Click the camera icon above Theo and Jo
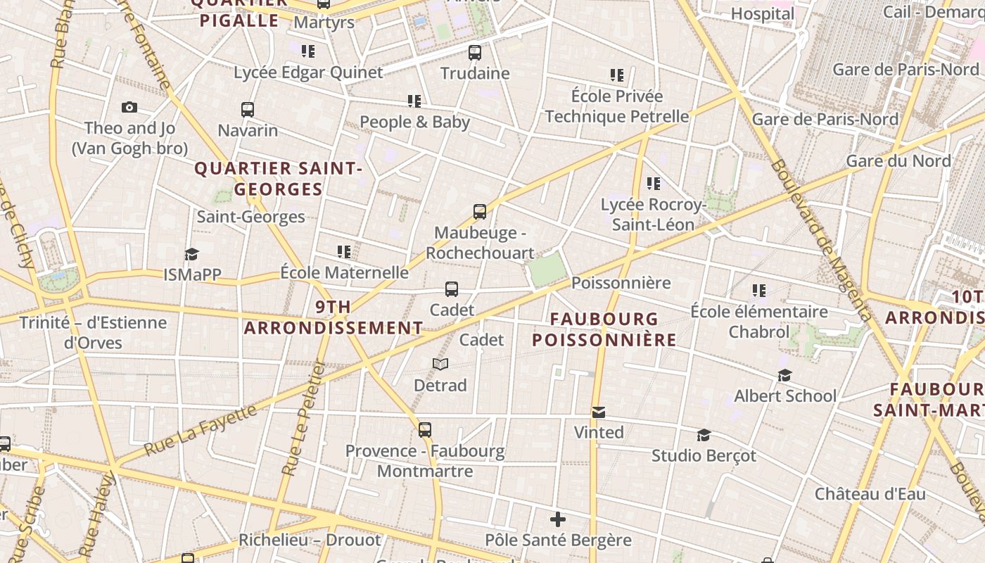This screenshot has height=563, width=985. pos(129,107)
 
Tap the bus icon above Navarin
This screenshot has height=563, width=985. pos(248,110)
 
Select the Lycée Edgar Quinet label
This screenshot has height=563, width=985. pos(308,72)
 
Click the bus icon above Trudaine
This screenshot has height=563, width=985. pos(475,52)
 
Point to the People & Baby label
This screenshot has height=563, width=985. pos(414,122)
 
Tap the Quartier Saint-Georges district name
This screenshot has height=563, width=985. pos(278,179)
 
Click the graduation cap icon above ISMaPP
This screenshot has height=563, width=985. pos(191,254)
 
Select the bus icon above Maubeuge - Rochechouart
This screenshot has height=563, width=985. pos(480,212)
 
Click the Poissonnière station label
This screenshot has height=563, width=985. pos(621,283)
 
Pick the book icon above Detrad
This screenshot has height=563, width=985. pos(440,364)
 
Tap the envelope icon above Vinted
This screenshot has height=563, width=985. pos(599,412)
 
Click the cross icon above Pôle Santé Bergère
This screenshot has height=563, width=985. pos(558,520)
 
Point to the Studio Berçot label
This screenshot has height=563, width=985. pos(704,455)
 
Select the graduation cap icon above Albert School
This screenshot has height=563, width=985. pos(785,376)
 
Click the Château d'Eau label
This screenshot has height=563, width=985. pos(870,493)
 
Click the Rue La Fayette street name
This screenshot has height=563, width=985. pos(201,429)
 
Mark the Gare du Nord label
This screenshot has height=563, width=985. pos(898,160)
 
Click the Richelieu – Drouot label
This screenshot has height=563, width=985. pos(310,540)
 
